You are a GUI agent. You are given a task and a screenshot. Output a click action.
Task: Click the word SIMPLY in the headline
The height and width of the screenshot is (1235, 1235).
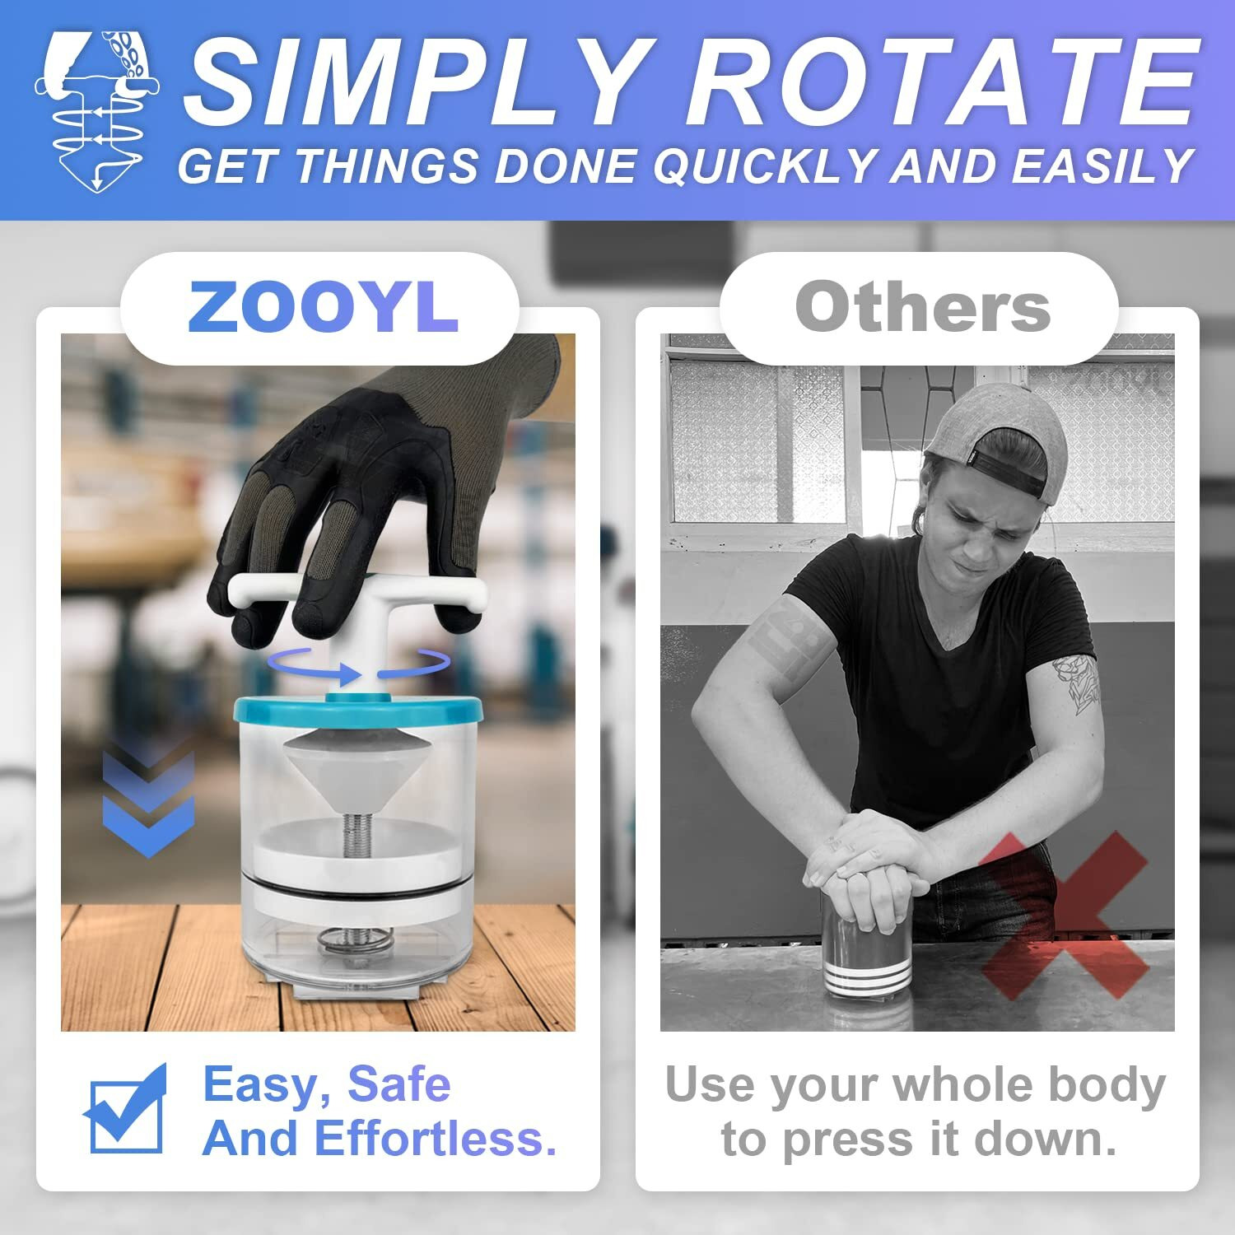(412, 82)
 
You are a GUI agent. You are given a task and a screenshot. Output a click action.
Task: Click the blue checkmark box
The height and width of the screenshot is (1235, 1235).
(126, 1111)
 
